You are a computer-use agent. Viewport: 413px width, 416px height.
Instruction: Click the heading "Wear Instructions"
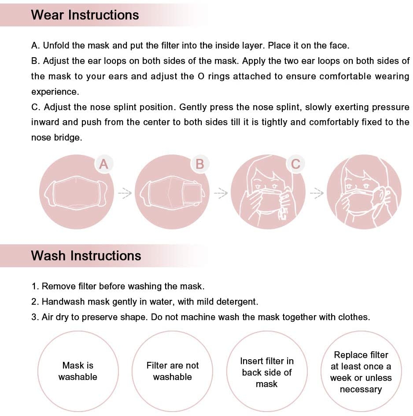coord(85,15)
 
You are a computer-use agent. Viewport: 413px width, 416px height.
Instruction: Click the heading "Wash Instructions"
coord(86,256)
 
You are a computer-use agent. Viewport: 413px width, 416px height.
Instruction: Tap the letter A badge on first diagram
coord(103,164)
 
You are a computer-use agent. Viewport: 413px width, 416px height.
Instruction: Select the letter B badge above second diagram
coord(199,164)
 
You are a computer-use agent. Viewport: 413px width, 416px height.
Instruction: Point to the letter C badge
coord(295,164)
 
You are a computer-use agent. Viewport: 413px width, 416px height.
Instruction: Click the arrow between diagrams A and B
coord(124,193)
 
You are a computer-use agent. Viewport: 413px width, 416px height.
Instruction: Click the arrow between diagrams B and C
coord(220,193)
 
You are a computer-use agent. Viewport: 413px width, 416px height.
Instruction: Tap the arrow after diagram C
coord(316,193)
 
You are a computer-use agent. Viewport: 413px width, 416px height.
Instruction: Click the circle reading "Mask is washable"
coord(77,371)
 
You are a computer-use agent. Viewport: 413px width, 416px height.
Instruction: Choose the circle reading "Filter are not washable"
coord(172,371)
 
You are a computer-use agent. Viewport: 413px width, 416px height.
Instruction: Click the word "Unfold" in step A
coord(56,46)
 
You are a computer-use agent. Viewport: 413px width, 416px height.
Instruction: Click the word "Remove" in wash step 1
coord(56,287)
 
